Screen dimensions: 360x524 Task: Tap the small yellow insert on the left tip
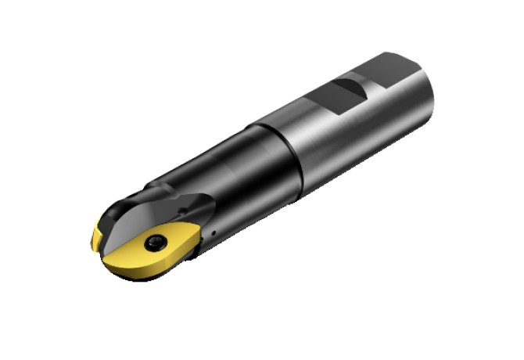[x=97, y=237]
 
